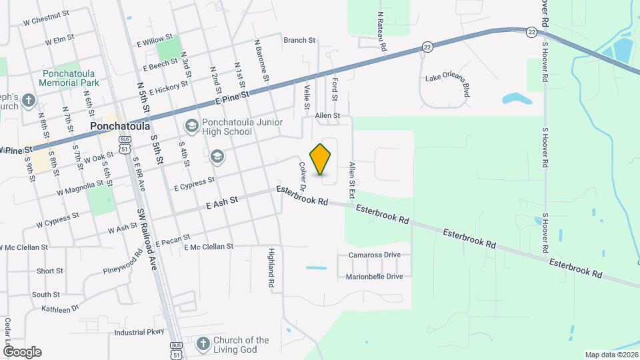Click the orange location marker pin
321,159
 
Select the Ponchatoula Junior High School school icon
191,126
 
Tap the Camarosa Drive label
374,255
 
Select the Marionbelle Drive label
374,276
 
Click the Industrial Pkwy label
139,332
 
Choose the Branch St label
299,41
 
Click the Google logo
21,351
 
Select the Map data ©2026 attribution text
611,355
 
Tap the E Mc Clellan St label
203,247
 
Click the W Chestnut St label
46,22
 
